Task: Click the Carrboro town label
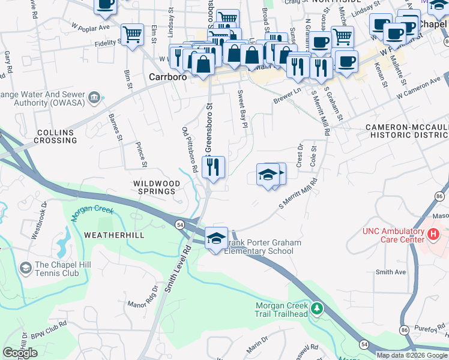tap(167, 77)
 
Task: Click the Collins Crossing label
tap(55, 136)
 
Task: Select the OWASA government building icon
tap(94, 98)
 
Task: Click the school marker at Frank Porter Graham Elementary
tap(217, 238)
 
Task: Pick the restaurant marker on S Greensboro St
tap(213, 167)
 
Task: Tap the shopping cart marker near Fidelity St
tap(132, 34)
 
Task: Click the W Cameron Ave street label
tap(418, 88)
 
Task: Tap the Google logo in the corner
tap(20, 353)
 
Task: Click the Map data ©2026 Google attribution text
tap(412, 355)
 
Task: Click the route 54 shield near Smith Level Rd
tap(179, 224)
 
